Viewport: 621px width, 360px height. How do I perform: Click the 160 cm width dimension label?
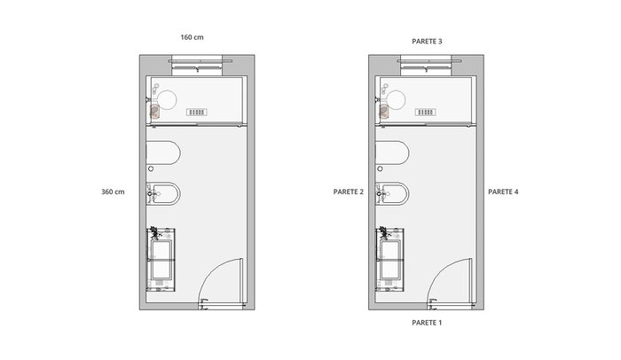193,37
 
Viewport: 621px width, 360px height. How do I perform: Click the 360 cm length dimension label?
113,192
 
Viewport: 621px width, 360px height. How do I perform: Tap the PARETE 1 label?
427,323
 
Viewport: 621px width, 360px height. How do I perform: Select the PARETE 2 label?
349,192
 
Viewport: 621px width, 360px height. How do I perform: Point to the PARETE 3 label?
427,41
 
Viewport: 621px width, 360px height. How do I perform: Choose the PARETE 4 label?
503,192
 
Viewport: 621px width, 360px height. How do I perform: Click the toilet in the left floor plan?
163,153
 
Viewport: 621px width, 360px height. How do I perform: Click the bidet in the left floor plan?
163,193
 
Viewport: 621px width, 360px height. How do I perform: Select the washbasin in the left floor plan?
161,260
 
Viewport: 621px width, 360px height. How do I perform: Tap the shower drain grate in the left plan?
197,112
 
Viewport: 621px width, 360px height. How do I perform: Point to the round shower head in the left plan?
167,99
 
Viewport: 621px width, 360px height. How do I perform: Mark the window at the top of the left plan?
197,65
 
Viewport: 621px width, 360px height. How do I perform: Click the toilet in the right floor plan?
392,153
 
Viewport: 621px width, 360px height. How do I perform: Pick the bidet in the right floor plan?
392,193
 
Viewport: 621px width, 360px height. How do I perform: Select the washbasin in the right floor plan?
389,260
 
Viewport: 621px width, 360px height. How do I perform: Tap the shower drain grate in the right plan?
426,112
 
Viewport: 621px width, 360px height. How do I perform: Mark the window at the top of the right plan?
426,65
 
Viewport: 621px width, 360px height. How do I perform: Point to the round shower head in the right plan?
396,99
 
